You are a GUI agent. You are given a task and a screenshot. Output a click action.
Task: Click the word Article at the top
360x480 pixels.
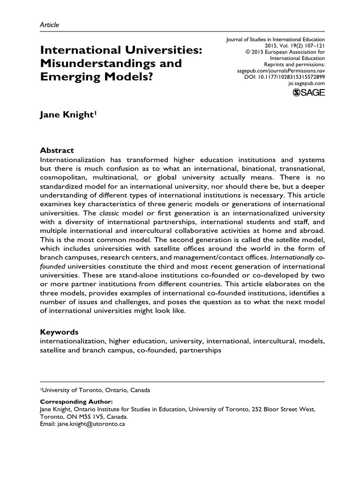[x=49, y=24]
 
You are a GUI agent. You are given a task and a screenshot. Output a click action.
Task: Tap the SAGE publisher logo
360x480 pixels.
[x=308, y=92]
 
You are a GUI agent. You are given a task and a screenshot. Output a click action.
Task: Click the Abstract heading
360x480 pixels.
[x=57, y=150]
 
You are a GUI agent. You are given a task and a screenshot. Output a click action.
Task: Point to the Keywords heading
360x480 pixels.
[x=59, y=332]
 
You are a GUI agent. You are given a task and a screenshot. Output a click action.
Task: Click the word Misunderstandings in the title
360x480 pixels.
[x=111, y=63]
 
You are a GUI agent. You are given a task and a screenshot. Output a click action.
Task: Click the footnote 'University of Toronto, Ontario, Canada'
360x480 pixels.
[x=97, y=390]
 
